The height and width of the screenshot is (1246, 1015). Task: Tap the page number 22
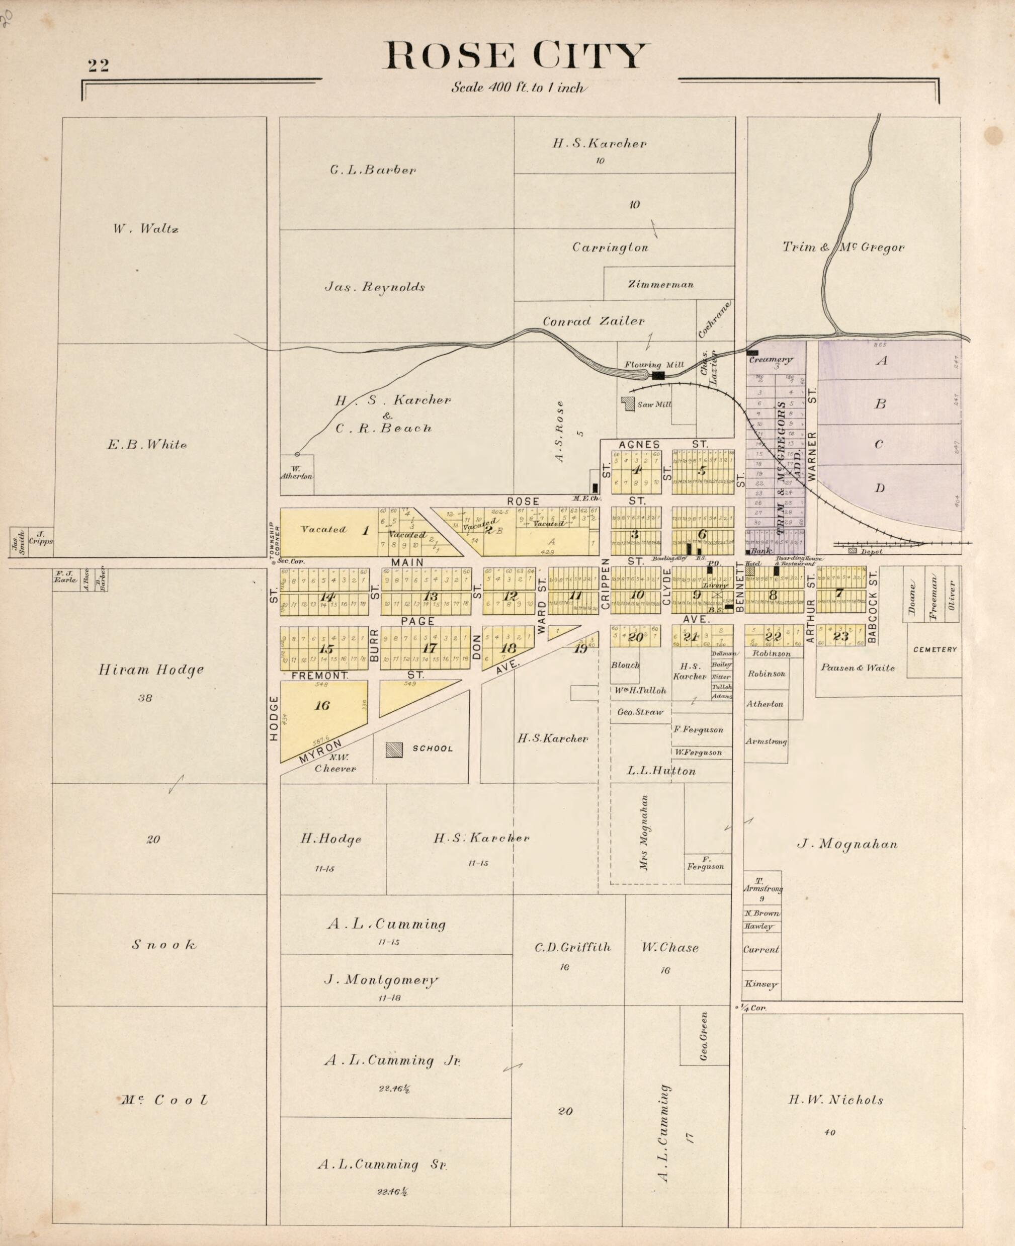click(x=98, y=65)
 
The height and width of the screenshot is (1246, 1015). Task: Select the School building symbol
click(x=394, y=750)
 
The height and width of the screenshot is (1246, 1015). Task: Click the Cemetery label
click(x=935, y=649)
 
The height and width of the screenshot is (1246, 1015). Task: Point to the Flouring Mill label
click(x=654, y=365)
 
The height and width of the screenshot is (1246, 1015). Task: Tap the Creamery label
click(x=771, y=360)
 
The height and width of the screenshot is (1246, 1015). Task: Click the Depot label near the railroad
click(x=872, y=551)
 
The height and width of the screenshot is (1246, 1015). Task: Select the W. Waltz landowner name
click(x=145, y=229)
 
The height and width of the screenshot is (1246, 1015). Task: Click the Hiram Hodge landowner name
click(x=151, y=670)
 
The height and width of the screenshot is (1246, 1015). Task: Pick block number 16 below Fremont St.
click(x=322, y=706)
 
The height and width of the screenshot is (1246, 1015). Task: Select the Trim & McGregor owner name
click(x=843, y=248)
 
